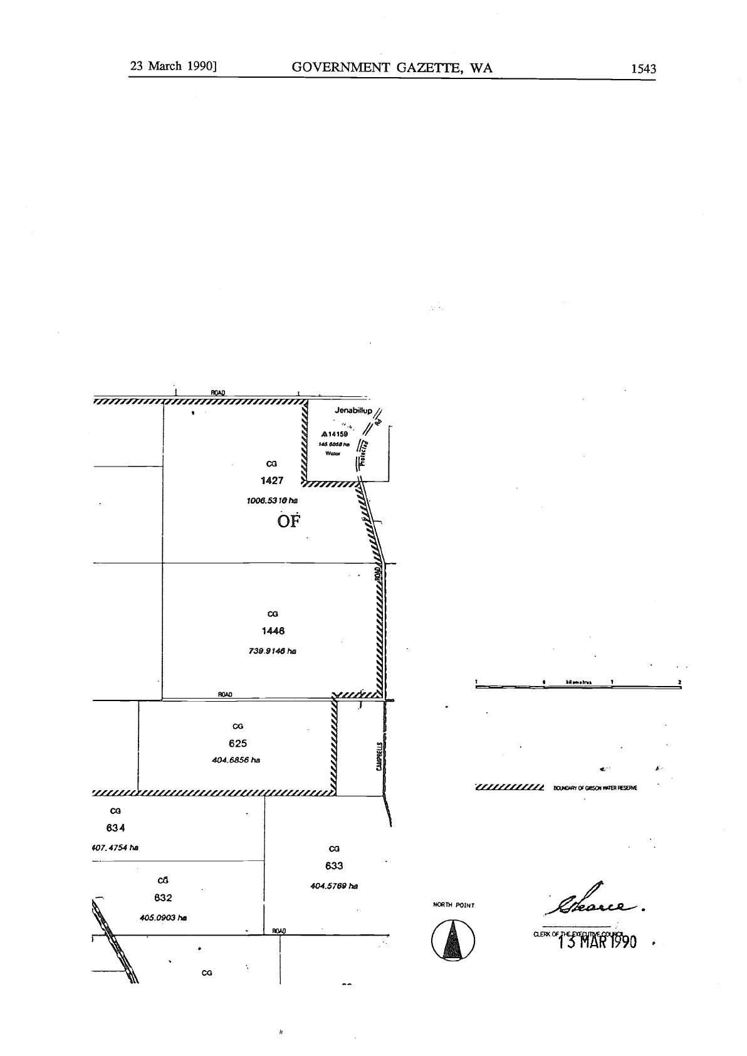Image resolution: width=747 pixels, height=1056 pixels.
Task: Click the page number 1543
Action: pos(643,68)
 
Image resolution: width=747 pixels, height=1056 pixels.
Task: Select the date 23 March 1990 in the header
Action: pos(173,66)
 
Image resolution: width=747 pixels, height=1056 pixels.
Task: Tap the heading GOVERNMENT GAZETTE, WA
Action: pos(392,68)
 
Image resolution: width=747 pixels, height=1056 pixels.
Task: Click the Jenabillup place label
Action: pos(353,411)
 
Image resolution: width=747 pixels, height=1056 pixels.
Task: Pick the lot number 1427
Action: pos(272,481)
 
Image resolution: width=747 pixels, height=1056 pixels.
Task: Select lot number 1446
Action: pos(273,631)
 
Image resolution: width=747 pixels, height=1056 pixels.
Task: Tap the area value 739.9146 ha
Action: pos(273,651)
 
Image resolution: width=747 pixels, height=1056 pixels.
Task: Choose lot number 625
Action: pos(238,744)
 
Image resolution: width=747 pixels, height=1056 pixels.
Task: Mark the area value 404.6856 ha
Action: pos(236,760)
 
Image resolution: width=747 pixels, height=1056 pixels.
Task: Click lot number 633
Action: pos(334,866)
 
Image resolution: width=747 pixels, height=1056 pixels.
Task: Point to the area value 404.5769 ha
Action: pos(334,886)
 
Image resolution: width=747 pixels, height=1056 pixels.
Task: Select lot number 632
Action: pos(163,898)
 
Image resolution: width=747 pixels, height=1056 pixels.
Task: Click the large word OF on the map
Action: pos(289,522)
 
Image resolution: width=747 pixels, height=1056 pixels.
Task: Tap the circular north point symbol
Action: pos(453,941)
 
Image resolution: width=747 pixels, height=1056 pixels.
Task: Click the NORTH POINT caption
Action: pos(454,905)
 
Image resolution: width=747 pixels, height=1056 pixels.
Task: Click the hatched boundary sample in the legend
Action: pos(509,788)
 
